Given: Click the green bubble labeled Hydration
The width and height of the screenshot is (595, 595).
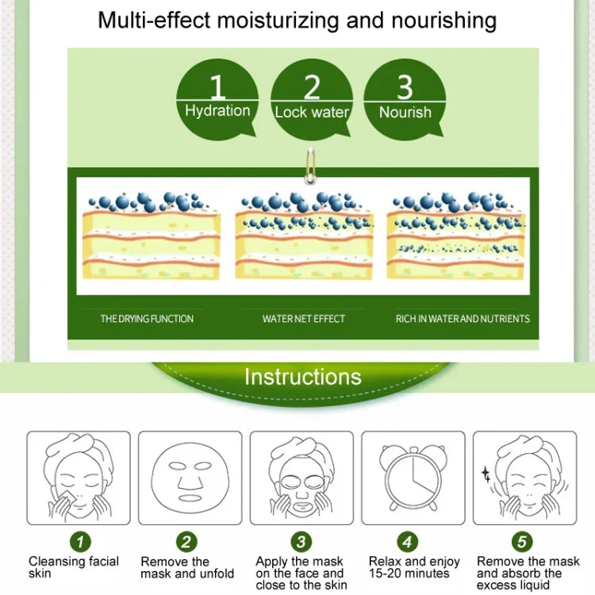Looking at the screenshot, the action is tap(217, 99).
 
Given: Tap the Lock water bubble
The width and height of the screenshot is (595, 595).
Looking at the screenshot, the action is tap(312, 99).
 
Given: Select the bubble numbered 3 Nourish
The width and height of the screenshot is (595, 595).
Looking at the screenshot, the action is tap(405, 99).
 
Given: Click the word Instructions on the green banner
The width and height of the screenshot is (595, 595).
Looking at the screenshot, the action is tap(303, 376).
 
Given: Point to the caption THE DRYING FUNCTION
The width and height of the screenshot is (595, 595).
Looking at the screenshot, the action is tap(147, 318).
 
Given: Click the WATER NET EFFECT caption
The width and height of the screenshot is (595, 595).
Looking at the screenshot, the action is tap(304, 318).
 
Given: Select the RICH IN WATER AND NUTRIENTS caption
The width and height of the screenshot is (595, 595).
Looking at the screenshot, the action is tap(463, 318).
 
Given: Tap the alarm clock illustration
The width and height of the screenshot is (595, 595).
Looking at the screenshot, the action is tap(413, 478).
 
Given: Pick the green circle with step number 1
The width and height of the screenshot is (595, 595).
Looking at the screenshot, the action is tap(80, 542).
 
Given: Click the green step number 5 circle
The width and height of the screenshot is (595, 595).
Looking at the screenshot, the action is tap(522, 542).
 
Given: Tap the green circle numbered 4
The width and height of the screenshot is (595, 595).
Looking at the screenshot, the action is tap(407, 542).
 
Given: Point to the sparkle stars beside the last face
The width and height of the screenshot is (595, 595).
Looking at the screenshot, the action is tap(486, 474).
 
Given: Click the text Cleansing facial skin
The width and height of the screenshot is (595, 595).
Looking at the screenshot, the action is tap(74, 567).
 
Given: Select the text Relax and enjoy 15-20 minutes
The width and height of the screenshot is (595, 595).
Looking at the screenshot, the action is tap(414, 567).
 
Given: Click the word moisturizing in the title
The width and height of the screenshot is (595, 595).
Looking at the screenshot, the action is tap(278, 21).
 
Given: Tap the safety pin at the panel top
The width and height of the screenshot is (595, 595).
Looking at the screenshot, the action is tap(311, 166).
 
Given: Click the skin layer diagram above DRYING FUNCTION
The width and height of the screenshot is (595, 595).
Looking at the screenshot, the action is tap(151, 236).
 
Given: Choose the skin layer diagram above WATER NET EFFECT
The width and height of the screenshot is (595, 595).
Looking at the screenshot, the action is tap(304, 236).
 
